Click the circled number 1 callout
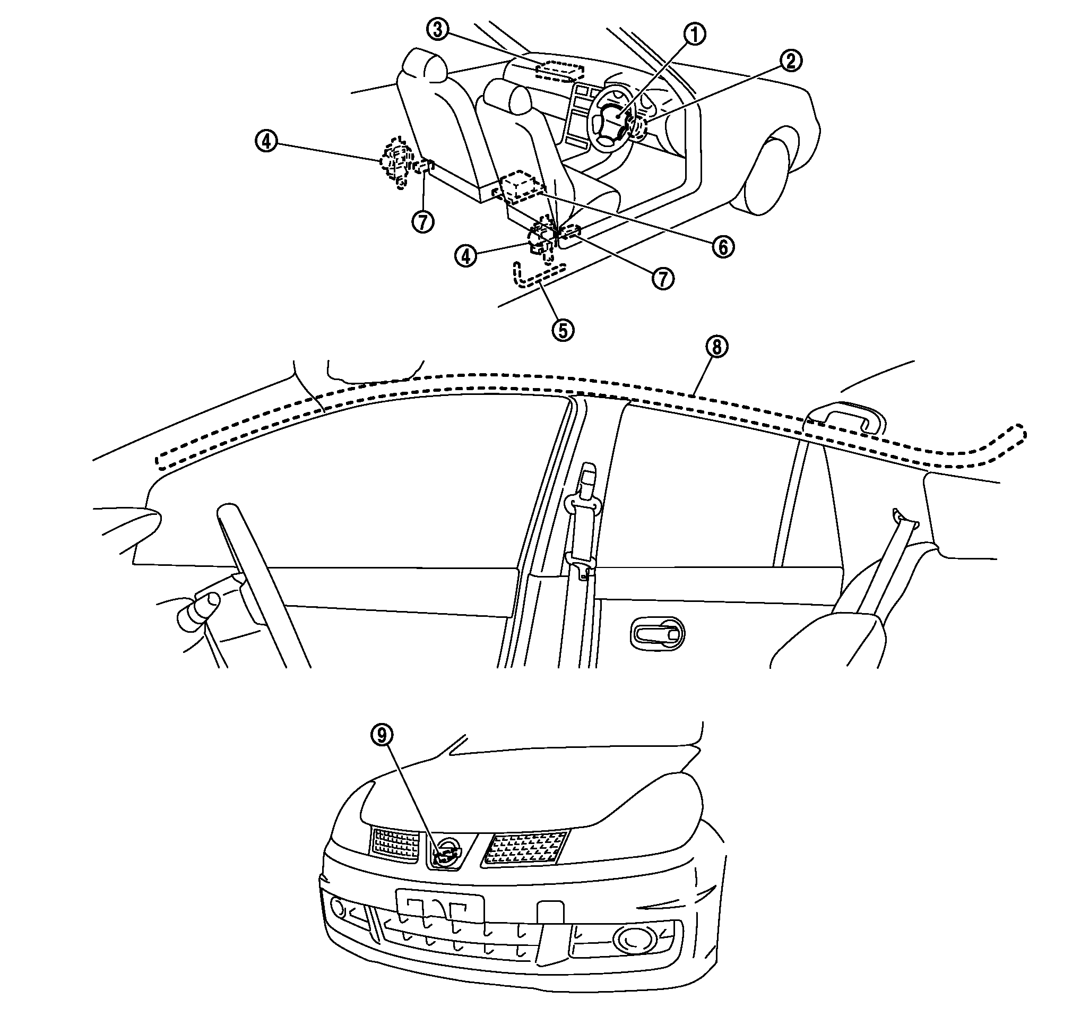coord(696,35)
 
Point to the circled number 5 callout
coord(563,330)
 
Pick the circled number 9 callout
coord(382,735)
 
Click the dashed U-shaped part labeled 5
coord(536,276)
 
